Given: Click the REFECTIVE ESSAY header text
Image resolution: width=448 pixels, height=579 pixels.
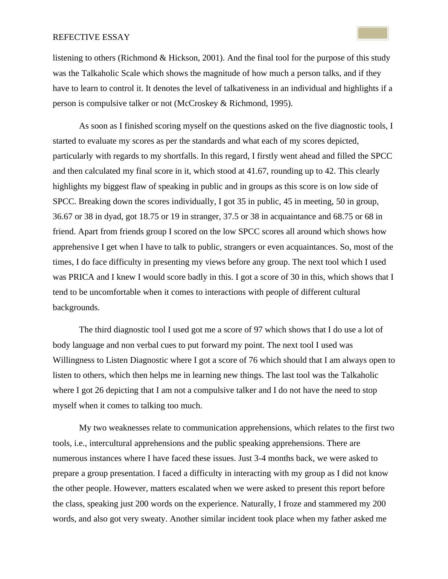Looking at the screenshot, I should (x=91, y=37).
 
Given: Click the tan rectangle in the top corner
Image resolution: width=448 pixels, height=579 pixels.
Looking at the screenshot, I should (x=372, y=33).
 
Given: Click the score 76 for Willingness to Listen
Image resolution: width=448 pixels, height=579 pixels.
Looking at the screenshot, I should (x=253, y=360).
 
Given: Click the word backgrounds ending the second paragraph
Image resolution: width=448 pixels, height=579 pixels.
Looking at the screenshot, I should (x=76, y=308).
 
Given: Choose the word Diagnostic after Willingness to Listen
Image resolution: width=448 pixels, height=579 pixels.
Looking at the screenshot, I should (x=149, y=360).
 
